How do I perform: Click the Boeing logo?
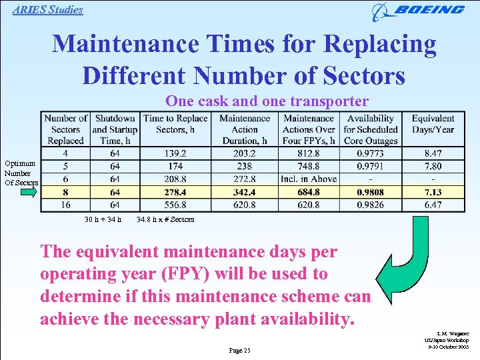(419, 11)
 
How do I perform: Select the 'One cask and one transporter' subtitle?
(267, 101)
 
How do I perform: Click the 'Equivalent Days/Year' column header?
(433, 124)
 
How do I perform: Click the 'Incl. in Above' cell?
(309, 179)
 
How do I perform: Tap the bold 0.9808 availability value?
(370, 192)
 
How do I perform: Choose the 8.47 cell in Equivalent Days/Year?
(433, 153)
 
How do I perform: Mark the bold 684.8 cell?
(309, 192)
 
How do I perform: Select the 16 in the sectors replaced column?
(65, 205)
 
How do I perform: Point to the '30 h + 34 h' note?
(103, 219)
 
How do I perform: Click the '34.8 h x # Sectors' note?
(165, 219)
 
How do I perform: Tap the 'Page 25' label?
(239, 350)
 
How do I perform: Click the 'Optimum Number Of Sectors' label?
(21, 173)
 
